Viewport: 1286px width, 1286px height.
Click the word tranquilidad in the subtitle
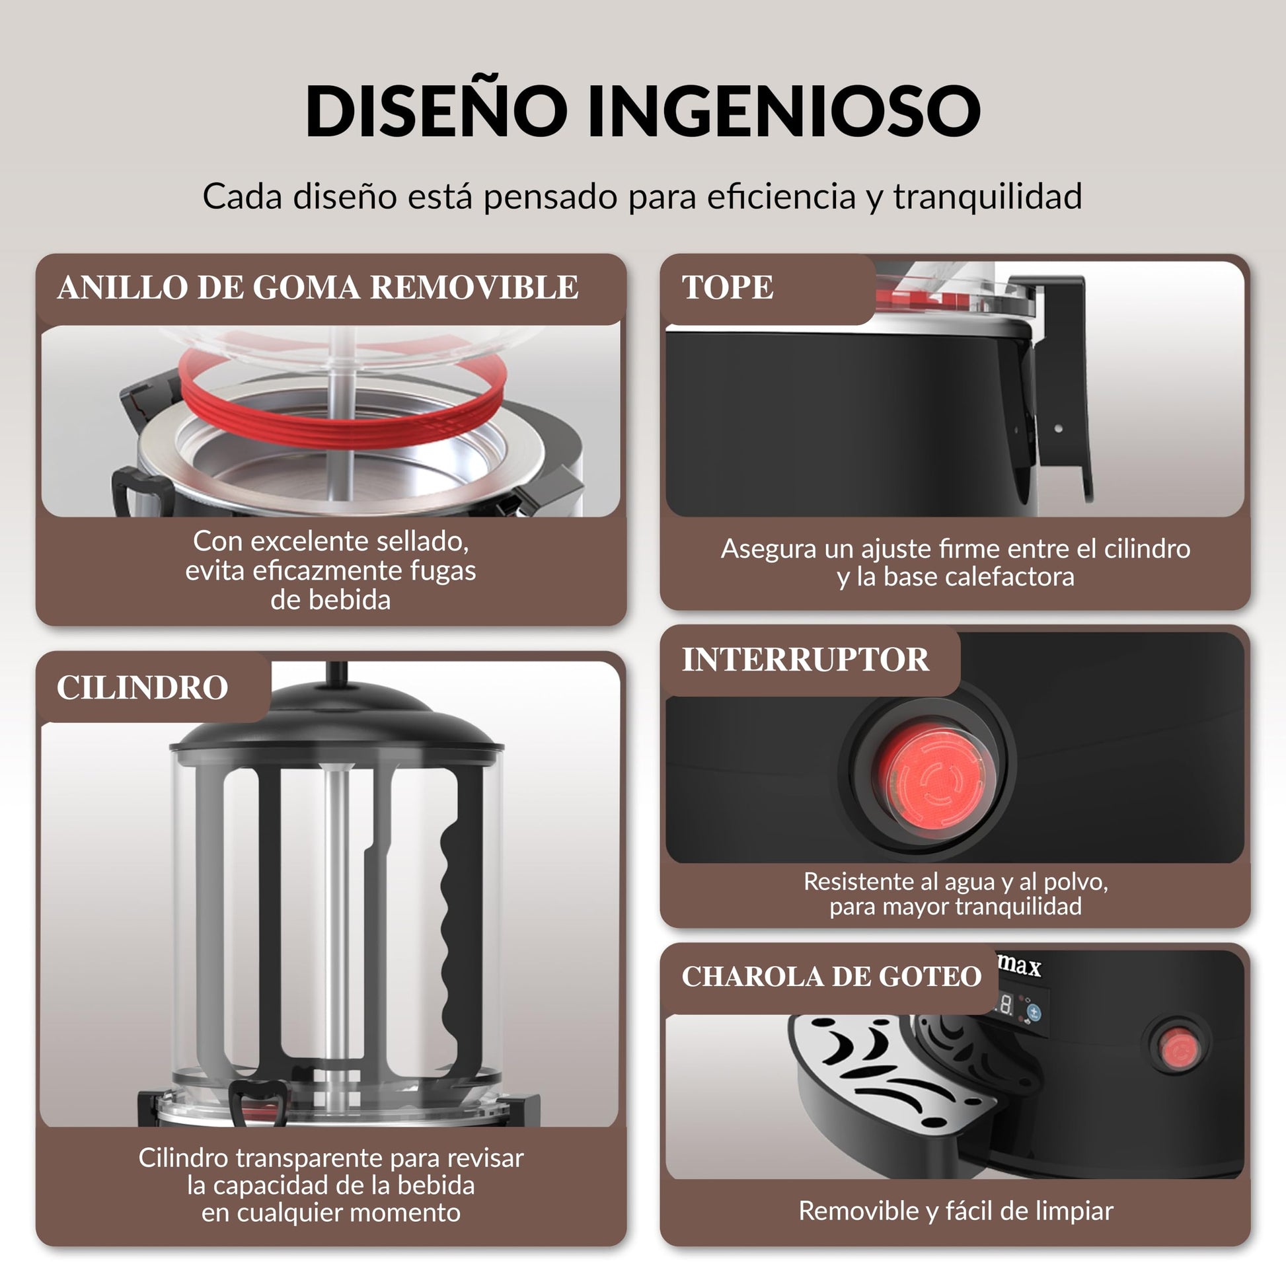988,196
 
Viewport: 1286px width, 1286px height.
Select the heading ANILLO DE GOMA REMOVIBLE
318,287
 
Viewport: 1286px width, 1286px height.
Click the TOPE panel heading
728,287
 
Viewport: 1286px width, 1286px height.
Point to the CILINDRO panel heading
143,687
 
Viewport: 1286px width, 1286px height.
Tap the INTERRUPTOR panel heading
806,660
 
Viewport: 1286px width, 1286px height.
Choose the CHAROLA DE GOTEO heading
831,977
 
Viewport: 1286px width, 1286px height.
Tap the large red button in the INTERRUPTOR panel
930,778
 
